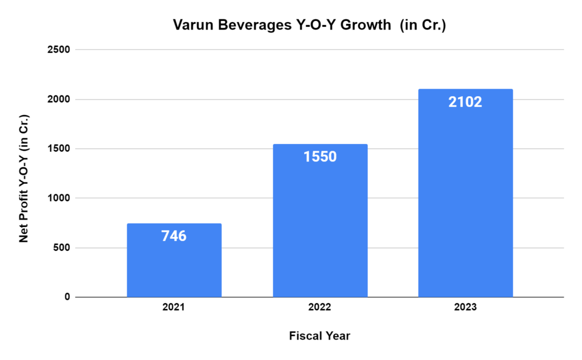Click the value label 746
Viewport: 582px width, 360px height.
coord(174,236)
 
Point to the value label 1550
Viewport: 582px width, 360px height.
coord(320,156)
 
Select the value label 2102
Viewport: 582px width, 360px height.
coord(465,102)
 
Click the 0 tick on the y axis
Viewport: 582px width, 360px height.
coord(67,297)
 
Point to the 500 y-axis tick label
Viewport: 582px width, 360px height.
coord(62,247)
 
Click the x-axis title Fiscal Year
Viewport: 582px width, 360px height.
coord(320,336)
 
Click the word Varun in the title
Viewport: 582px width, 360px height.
coord(191,26)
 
